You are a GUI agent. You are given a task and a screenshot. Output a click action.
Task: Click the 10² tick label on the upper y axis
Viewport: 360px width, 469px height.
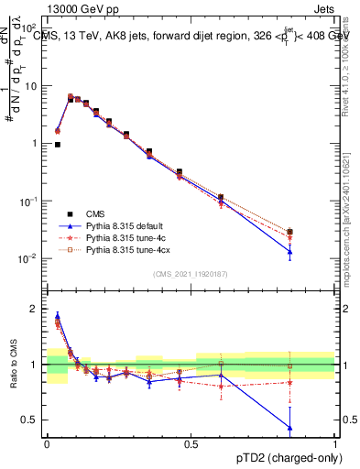point(28,28)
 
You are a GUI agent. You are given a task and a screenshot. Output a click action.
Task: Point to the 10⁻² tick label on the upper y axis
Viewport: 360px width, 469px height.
point(28,258)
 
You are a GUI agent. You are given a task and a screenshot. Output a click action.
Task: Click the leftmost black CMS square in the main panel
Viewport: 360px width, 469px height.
point(57,145)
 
